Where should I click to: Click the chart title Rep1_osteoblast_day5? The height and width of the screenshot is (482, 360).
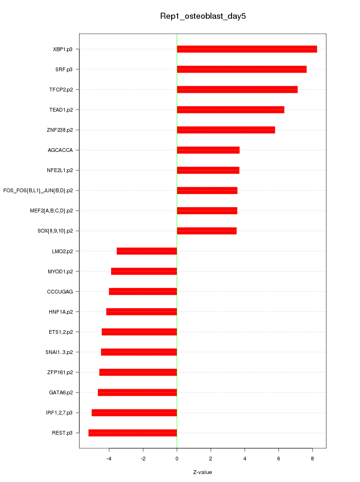tap(203, 16)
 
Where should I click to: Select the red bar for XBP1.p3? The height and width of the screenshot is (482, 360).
tap(247, 49)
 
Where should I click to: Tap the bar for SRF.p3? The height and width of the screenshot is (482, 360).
tap(241, 69)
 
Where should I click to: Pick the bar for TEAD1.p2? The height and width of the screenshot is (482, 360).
tap(230, 110)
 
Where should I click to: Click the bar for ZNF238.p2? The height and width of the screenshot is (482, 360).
tap(225, 130)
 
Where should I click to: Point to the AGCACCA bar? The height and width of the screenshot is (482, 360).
tap(208, 150)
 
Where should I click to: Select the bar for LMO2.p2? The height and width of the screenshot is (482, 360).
tap(147, 251)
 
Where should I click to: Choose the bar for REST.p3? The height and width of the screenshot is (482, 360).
tap(133, 432)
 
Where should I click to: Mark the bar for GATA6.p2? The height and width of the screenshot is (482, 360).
tap(137, 392)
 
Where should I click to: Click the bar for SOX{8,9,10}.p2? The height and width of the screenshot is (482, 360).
tap(206, 231)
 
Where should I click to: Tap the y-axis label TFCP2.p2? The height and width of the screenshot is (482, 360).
tap(64, 90)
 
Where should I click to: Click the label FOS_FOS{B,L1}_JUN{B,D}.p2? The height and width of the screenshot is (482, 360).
tap(41, 190)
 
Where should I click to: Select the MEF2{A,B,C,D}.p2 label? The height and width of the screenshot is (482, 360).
tap(54, 211)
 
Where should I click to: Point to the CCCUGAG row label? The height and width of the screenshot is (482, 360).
tap(63, 291)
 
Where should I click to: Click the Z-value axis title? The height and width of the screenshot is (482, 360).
tap(202, 472)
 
